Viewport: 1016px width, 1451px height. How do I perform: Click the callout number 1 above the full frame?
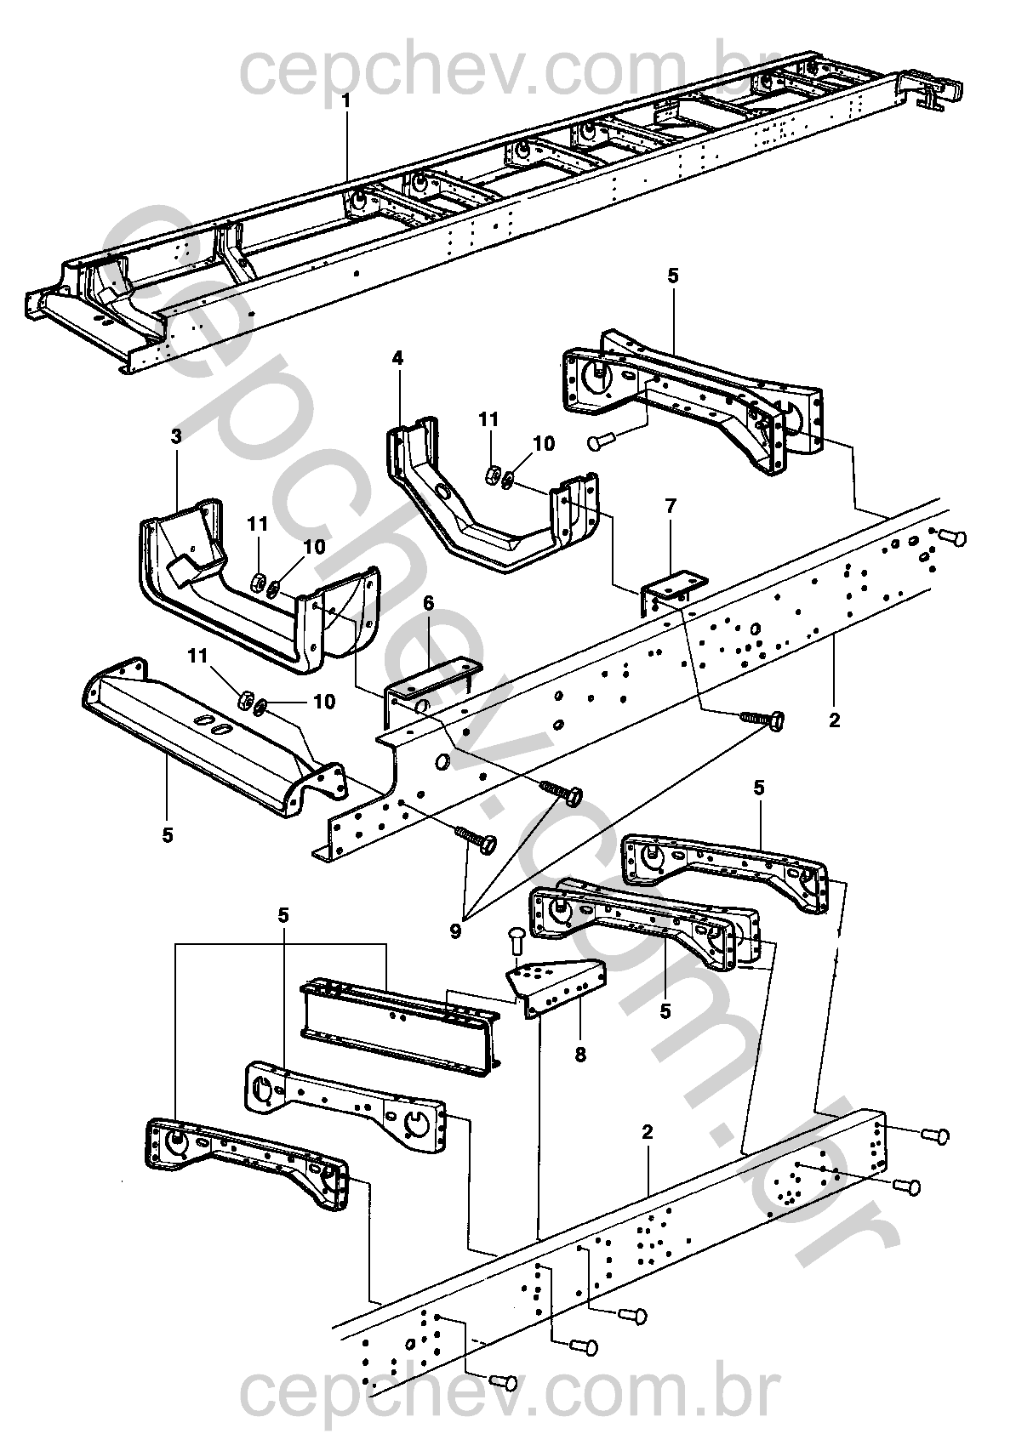(346, 102)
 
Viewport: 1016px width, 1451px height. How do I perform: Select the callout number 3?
(177, 436)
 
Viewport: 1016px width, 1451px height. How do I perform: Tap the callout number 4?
(397, 358)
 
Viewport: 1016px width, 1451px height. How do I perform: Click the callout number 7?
(671, 506)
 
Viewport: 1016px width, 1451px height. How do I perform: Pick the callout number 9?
(455, 931)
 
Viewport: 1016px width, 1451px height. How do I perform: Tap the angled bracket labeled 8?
(556, 987)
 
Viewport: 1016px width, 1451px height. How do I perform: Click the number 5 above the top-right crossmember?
(672, 276)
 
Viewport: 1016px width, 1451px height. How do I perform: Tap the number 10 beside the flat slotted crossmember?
(324, 702)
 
